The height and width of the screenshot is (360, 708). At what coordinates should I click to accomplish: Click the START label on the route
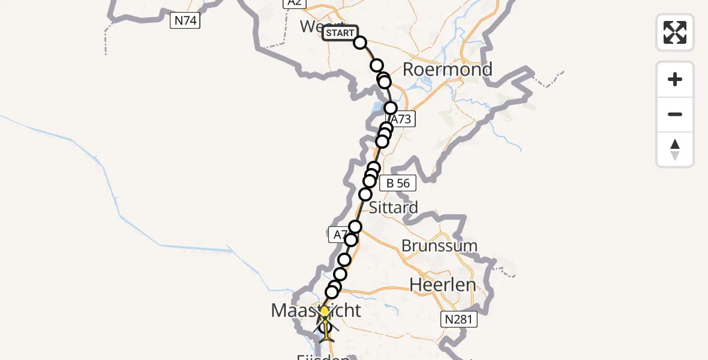[340, 33]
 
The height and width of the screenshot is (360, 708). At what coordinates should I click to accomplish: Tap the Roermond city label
[447, 70]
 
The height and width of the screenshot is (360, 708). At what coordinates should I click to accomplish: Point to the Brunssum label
[439, 245]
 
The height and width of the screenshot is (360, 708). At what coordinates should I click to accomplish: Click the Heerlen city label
[443, 285]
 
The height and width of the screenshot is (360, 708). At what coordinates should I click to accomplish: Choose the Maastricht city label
[316, 311]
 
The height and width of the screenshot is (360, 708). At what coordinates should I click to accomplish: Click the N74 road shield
[185, 21]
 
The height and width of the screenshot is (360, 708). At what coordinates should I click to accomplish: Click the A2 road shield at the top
[294, 3]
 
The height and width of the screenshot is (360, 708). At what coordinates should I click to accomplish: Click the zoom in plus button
[675, 79]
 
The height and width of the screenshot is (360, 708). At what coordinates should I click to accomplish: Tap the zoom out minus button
[675, 114]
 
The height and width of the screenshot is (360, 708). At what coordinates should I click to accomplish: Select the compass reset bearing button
[675, 149]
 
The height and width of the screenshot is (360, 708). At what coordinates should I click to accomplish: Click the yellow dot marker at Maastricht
[325, 311]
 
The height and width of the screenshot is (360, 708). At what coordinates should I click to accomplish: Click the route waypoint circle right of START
[360, 43]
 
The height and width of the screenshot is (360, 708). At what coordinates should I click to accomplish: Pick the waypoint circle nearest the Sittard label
[365, 194]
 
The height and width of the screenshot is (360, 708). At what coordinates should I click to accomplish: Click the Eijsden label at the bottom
[323, 356]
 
